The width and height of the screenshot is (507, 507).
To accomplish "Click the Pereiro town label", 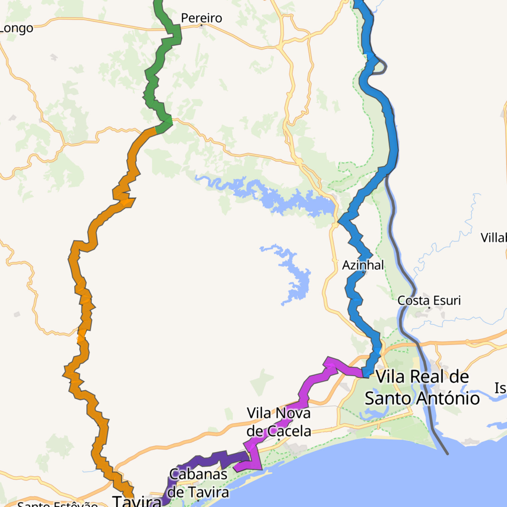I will coord(201,18).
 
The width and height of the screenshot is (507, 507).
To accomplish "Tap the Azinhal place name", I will coord(363,265).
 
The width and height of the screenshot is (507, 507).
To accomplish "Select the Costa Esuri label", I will coord(429,300).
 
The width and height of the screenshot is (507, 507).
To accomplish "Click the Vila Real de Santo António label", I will coord(422,387).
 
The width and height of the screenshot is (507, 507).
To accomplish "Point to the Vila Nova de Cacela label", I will coord(279,422).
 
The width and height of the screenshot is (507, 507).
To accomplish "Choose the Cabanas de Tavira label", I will coord(198,483).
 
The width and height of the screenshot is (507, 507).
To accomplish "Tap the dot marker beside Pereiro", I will coord(201,25).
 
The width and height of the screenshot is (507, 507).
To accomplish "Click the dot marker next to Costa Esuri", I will coord(429,307).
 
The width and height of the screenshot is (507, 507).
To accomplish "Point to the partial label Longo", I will coord(16,29).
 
